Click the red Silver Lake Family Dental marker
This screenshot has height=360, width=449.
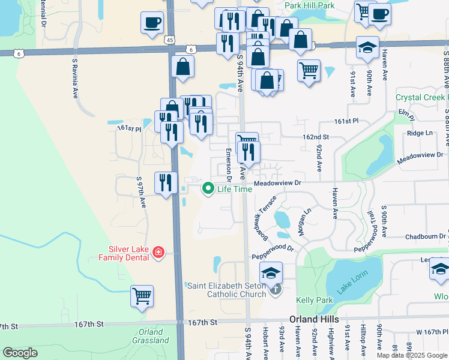[x=158, y=252]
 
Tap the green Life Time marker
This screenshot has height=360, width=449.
[x=209, y=189]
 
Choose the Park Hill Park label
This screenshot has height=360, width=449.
[x=309, y=5]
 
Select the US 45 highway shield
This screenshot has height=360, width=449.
[x=171, y=38]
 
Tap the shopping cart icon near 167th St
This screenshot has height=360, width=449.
[x=142, y=295]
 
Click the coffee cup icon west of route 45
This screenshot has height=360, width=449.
[x=152, y=22]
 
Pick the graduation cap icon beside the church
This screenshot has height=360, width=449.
[x=271, y=272]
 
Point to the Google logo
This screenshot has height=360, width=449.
[x=20, y=353]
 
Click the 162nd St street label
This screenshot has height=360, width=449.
[x=316, y=137]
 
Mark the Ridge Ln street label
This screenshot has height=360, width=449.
[x=419, y=133]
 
